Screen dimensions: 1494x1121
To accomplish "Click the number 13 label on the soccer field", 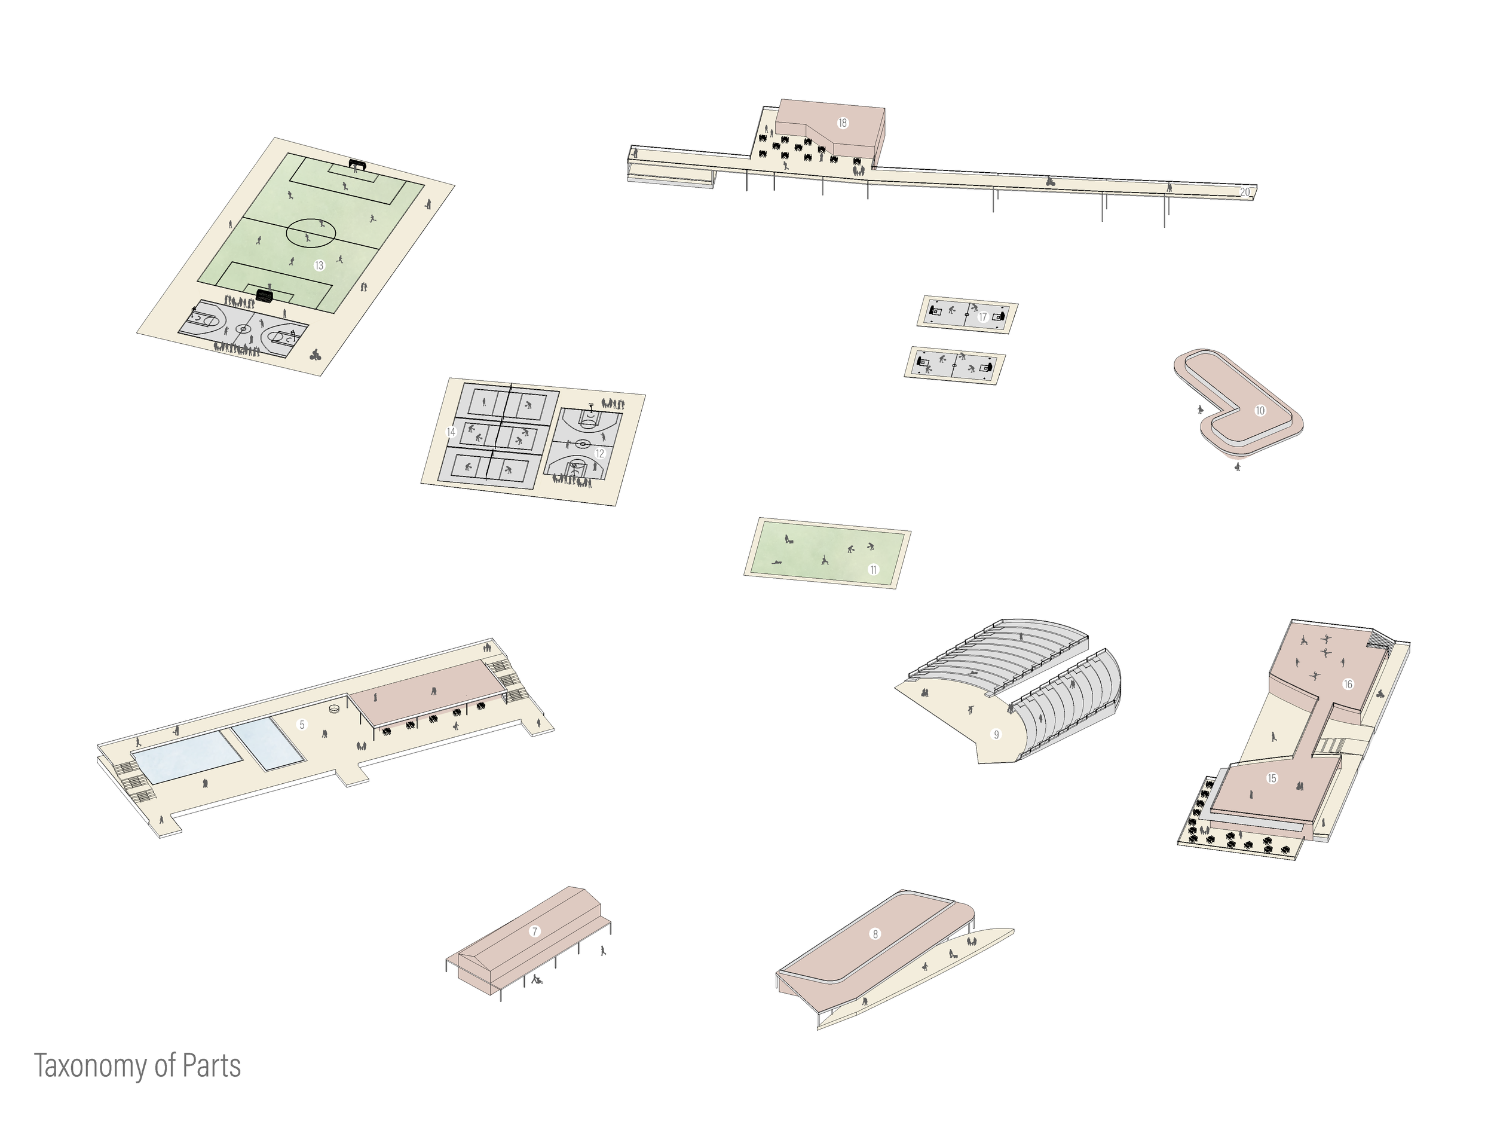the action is click(320, 265).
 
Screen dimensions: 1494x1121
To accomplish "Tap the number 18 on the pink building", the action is click(842, 123).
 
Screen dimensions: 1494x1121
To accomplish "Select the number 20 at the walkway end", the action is click(1245, 193).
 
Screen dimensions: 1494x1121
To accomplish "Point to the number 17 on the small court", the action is click(982, 317).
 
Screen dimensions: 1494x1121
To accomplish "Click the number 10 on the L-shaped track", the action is click(1260, 411).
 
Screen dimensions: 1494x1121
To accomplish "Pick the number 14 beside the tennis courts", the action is click(451, 432).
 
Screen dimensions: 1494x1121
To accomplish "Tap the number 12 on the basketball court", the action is click(600, 454).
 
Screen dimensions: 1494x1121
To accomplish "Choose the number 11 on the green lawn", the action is click(873, 570).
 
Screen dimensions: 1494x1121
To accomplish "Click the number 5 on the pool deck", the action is click(302, 725).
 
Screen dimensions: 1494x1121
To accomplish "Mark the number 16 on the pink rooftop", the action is click(1348, 685).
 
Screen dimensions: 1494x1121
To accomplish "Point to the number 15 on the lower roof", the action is click(1272, 778).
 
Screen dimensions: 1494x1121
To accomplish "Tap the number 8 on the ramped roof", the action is click(875, 934).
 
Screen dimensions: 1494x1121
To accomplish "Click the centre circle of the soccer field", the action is click(311, 233).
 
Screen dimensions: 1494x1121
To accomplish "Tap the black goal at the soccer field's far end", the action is click(357, 164).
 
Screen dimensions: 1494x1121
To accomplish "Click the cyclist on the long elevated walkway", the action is click(1049, 181).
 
